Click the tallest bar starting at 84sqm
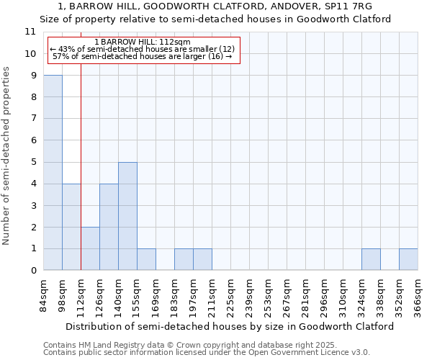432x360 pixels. coord(53,173)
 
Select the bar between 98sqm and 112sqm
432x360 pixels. coord(71,227)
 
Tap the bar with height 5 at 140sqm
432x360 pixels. coord(127,216)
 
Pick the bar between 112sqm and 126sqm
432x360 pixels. coord(90,248)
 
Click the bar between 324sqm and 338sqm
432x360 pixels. coord(371,259)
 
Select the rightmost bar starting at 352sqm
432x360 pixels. coord(408,259)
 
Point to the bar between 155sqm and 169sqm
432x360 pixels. coord(146,259)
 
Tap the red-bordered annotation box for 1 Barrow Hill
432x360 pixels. coord(143,49)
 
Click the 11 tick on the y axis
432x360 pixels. coord(30,32)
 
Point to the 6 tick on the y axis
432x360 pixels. coord(33,140)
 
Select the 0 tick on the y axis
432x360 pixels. coord(33,271)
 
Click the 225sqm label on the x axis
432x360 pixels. coord(230,294)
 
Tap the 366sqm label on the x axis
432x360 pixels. coord(418,294)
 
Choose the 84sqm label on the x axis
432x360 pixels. coord(43,294)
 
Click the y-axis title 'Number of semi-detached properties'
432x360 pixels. coord(6,155)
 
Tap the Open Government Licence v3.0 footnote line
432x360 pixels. coord(207,353)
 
